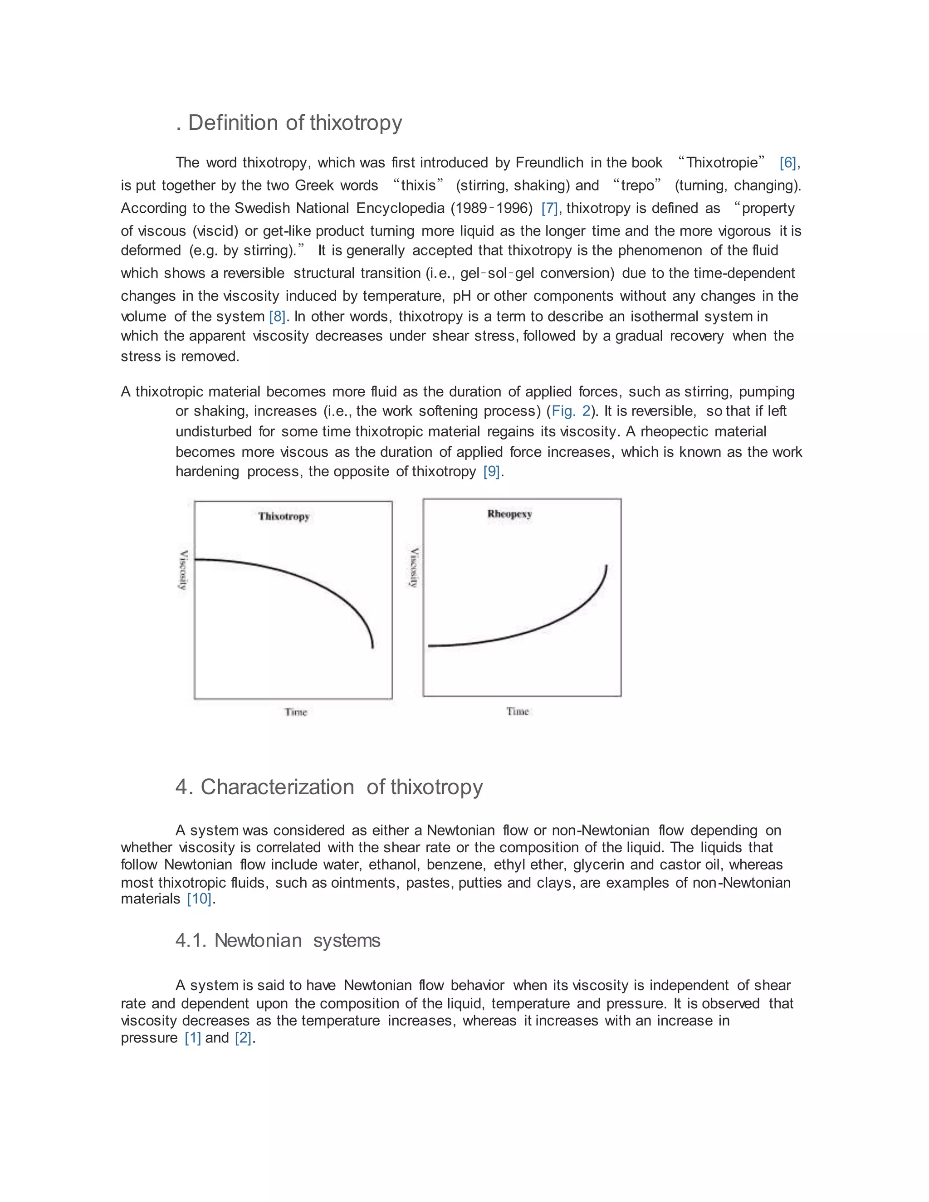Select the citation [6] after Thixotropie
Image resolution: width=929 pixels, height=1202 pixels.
[x=787, y=163]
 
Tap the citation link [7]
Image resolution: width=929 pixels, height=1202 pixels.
[x=549, y=209]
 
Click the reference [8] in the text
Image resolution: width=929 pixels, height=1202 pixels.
[x=277, y=317]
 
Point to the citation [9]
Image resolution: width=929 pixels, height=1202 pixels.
[x=491, y=472]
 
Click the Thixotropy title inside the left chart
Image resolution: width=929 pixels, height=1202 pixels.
[x=284, y=516]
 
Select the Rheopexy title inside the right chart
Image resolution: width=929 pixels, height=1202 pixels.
[x=509, y=514]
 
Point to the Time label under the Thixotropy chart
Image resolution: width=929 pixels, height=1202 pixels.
[x=296, y=712]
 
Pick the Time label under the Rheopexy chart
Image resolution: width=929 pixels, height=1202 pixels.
[x=517, y=712]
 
